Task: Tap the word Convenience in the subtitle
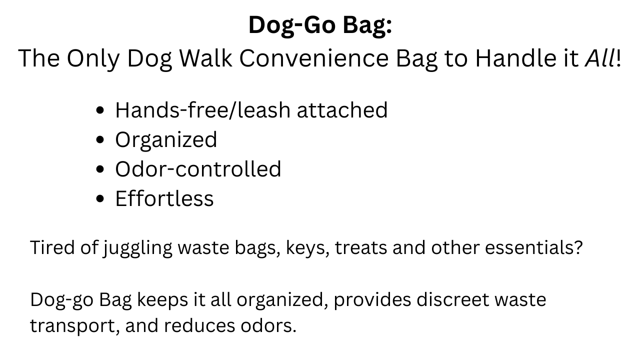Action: [x=314, y=58]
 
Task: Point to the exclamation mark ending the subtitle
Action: [x=618, y=58]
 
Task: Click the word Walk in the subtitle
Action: [x=205, y=58]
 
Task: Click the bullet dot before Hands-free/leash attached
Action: [x=100, y=110]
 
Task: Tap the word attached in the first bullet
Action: [x=342, y=110]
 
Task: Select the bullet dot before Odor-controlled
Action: [x=100, y=169]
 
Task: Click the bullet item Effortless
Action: [x=164, y=198]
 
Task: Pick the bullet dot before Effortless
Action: [x=100, y=198]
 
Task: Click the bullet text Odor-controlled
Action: [x=198, y=169]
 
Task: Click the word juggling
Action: [x=137, y=248]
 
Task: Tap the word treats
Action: [x=361, y=247]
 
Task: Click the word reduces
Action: [x=199, y=326]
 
